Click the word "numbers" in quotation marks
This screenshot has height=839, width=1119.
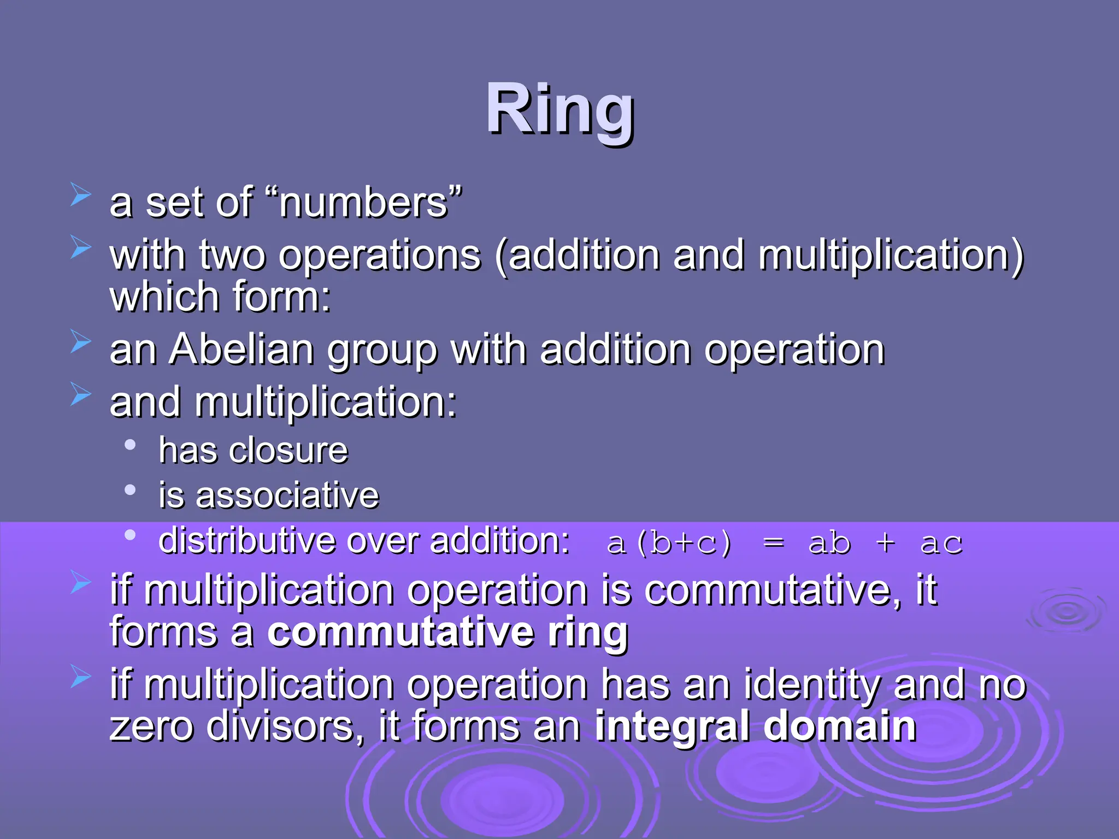pos(364,203)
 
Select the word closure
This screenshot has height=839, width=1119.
pos(288,451)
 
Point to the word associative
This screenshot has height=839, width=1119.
pos(287,495)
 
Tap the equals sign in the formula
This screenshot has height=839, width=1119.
pos(773,543)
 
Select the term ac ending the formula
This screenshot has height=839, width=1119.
pos(941,543)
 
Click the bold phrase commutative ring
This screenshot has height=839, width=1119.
pos(447,632)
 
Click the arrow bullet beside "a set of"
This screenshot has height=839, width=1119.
pos(81,195)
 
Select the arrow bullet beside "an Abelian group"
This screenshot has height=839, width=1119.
pos(81,342)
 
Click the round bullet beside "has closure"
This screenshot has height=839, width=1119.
pos(130,445)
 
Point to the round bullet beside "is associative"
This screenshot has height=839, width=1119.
pos(130,490)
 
